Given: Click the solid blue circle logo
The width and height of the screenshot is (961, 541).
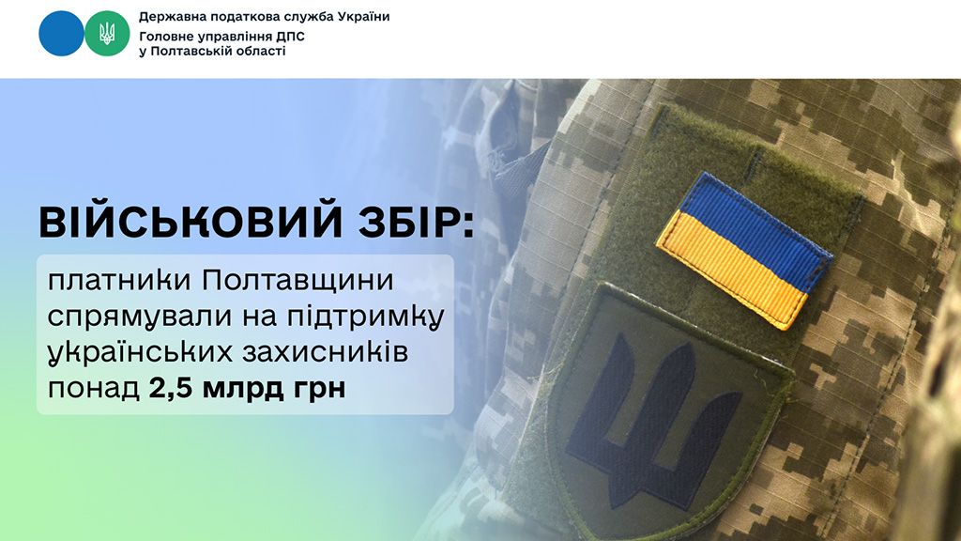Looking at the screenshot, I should click(61, 34).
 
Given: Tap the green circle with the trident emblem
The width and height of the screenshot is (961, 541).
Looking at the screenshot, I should click(106, 34).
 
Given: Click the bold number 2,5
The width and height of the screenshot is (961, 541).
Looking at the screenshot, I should click(170, 388).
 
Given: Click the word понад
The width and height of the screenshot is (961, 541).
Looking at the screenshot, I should click(91, 389).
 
